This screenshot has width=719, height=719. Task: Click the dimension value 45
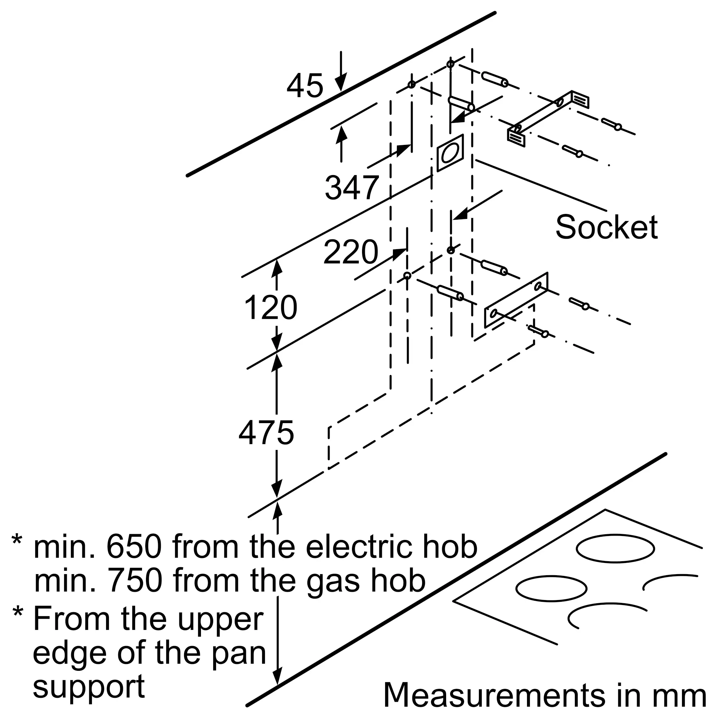click(x=304, y=86)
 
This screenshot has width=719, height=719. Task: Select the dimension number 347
click(x=352, y=188)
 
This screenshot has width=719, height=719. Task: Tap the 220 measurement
click(x=351, y=252)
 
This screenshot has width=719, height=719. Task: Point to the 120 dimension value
click(x=271, y=307)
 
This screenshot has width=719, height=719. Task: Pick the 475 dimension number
click(x=266, y=433)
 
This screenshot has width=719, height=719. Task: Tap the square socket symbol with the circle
click(x=450, y=153)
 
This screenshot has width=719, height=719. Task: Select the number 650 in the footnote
click(x=134, y=547)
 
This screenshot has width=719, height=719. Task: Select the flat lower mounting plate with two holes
click(x=516, y=300)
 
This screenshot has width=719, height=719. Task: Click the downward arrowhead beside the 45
click(x=340, y=82)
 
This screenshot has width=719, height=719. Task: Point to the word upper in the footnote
click(x=220, y=620)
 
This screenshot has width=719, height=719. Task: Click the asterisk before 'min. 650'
click(x=17, y=541)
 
